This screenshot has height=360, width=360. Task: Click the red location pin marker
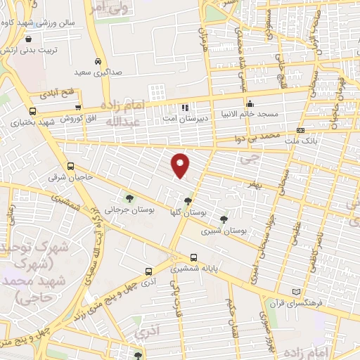[181, 166]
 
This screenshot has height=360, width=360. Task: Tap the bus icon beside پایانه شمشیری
[193, 258]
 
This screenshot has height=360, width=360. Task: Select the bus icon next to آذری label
[148, 271]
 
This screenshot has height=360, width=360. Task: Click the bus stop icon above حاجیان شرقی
[70, 167]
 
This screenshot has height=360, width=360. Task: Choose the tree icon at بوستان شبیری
[224, 219]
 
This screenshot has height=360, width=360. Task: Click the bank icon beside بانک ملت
[300, 131]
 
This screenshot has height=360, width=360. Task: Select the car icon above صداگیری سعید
[98, 61]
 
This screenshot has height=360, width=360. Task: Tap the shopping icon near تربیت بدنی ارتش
[27, 39]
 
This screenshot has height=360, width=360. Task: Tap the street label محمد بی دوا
[259, 134]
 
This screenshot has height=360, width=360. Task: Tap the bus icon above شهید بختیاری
[32, 111]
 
